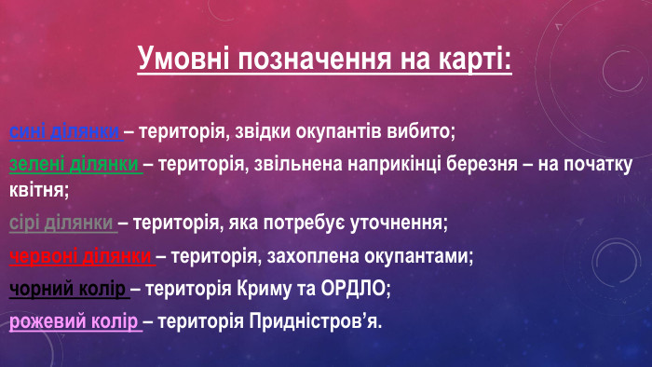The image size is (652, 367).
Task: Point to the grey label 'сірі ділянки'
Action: (x=62, y=223)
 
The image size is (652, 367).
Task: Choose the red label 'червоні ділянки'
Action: (x=81, y=255)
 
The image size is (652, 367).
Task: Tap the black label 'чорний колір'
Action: (x=68, y=289)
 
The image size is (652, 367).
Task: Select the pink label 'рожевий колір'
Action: (x=75, y=322)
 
